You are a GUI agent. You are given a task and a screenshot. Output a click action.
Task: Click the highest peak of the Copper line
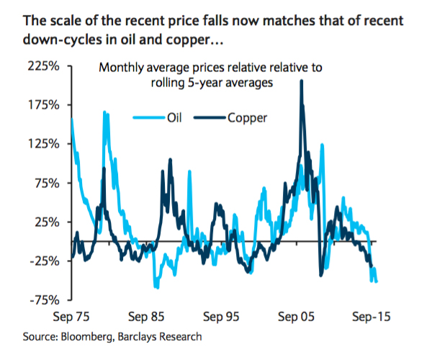(301, 81)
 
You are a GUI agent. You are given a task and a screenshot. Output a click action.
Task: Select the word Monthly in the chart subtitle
(121, 68)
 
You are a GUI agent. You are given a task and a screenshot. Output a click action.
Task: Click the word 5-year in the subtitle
(221, 83)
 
